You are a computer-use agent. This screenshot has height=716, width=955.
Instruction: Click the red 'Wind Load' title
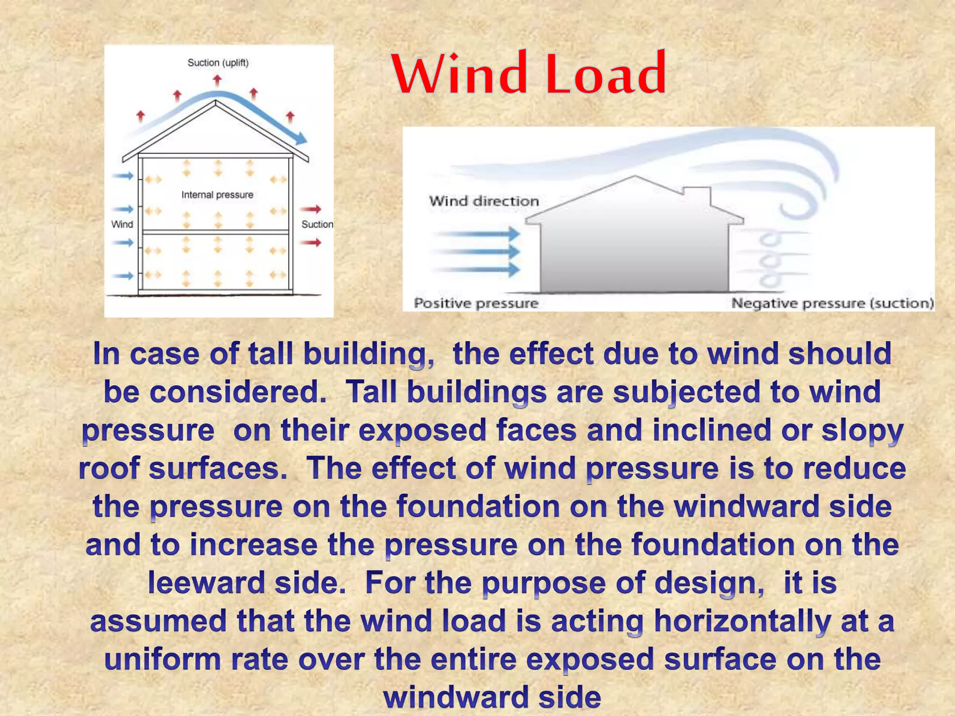(529, 74)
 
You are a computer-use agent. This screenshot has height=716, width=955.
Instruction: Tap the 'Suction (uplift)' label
(218, 62)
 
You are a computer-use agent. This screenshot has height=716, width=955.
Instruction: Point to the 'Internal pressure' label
(217, 195)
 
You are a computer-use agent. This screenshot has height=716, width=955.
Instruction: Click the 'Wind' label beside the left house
(122, 224)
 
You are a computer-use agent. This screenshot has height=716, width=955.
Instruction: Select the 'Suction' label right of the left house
(317, 224)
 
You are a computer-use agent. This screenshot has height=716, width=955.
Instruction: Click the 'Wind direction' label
(484, 201)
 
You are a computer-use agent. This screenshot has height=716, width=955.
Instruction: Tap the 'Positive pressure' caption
(476, 303)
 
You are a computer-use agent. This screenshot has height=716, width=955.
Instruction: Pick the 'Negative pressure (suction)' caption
(832, 303)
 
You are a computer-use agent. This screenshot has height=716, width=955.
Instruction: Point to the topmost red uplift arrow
(217, 81)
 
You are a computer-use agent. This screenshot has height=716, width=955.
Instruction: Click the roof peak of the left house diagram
(215, 103)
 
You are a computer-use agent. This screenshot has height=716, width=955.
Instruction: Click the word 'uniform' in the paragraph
(162, 659)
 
